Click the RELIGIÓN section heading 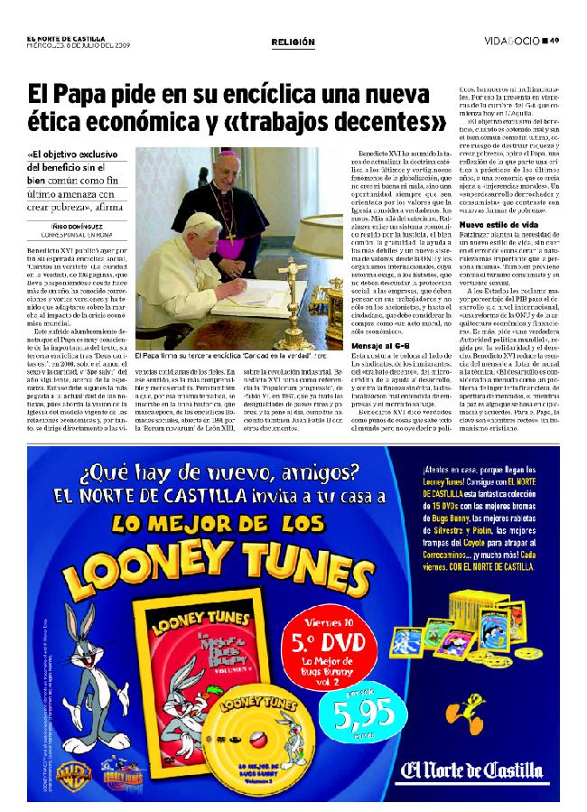click(x=293, y=42)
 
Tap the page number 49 click(x=554, y=40)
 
